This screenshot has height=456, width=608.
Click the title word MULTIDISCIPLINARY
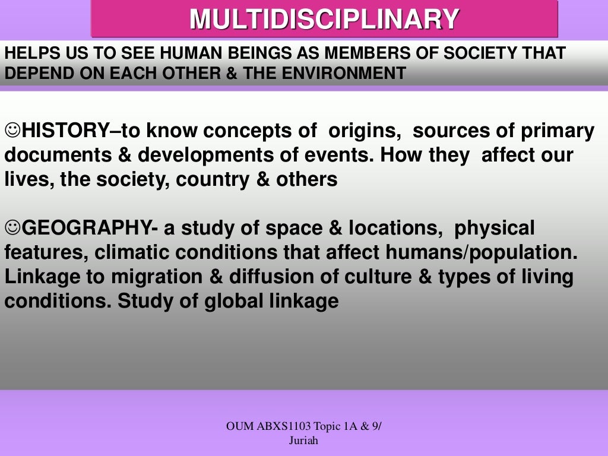(x=324, y=20)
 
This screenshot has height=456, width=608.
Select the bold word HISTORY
(x=65, y=130)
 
